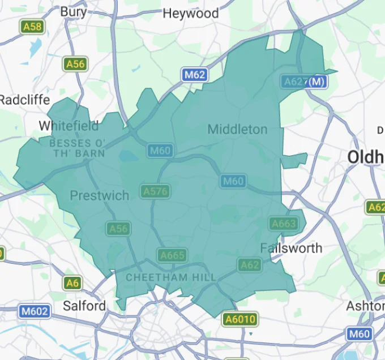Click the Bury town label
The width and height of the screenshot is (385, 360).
[74, 11]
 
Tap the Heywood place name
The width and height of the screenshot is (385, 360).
[190, 13]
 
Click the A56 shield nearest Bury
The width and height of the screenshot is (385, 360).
[75, 64]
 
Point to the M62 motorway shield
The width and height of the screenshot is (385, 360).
[194, 74]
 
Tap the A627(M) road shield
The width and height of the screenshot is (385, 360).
[304, 82]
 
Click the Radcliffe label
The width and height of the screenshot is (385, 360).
[24, 100]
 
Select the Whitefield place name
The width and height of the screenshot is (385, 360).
[69, 125]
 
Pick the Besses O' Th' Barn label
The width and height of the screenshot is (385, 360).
[78, 148]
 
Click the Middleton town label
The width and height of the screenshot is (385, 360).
[237, 130]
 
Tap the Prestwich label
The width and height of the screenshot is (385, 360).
[99, 195]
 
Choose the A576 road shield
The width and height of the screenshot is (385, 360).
[156, 191]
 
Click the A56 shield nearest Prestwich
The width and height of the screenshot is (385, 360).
[118, 229]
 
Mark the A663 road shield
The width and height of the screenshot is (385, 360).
[284, 224]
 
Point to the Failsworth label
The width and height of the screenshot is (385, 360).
[291, 248]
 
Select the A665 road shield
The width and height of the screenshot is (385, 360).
[172, 255]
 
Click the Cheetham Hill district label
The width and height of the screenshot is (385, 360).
[171, 277]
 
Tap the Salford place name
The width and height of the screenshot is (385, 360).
[84, 306]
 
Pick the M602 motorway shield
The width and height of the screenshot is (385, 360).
[35, 311]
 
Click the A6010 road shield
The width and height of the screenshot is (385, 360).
[241, 319]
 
